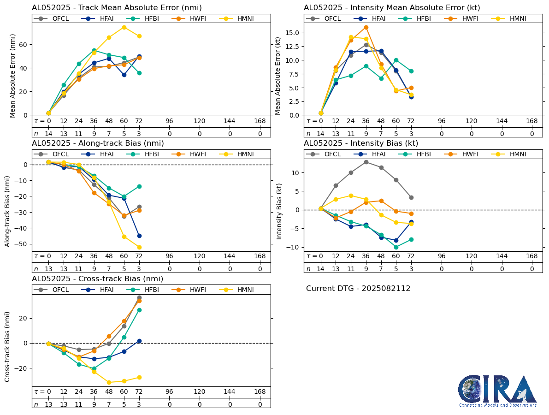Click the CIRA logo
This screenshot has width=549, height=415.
[497, 390]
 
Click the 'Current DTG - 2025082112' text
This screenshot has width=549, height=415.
[358, 289]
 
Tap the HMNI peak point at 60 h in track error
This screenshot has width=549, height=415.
[124, 27]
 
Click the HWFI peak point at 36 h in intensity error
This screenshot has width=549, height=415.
[366, 27]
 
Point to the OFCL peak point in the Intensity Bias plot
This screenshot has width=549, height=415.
[366, 162]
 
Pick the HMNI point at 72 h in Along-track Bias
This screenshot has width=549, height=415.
[139, 247]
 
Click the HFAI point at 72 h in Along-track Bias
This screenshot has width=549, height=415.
[139, 236]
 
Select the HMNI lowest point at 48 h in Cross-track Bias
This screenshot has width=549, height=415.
[109, 382]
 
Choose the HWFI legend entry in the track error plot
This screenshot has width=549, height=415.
[191, 18]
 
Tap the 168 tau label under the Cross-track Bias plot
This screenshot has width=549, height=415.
[260, 392]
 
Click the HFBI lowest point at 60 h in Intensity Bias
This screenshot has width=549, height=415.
[396, 247]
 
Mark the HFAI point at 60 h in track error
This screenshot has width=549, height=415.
[124, 75]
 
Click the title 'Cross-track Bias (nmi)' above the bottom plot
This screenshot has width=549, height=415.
[97, 279]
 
